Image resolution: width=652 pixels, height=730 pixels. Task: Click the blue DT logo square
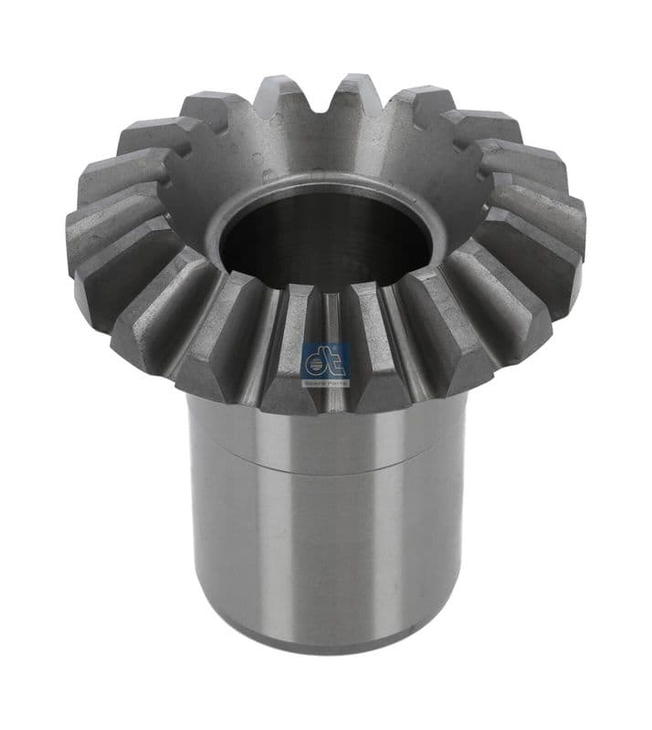pyautogui.click(x=325, y=362)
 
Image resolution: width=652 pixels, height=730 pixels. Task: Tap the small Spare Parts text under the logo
pyautogui.click(x=325, y=382)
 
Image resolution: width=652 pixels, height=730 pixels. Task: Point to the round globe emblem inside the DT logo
pyautogui.click(x=316, y=366)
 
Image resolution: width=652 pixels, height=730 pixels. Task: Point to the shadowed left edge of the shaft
pyautogui.click(x=195, y=529)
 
